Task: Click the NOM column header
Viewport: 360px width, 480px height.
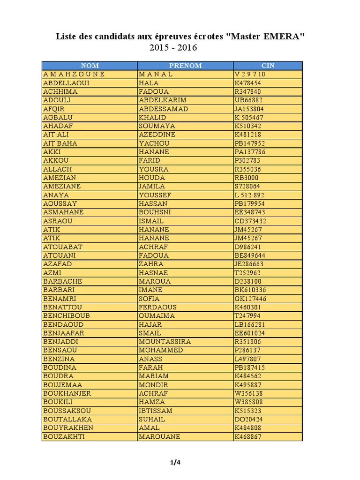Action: tap(90, 66)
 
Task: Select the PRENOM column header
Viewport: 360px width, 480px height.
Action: tap(185, 66)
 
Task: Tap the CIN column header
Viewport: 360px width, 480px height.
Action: tap(268, 66)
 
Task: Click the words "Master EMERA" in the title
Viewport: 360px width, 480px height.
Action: tap(265, 37)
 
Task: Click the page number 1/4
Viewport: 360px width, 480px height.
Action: tap(175, 463)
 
